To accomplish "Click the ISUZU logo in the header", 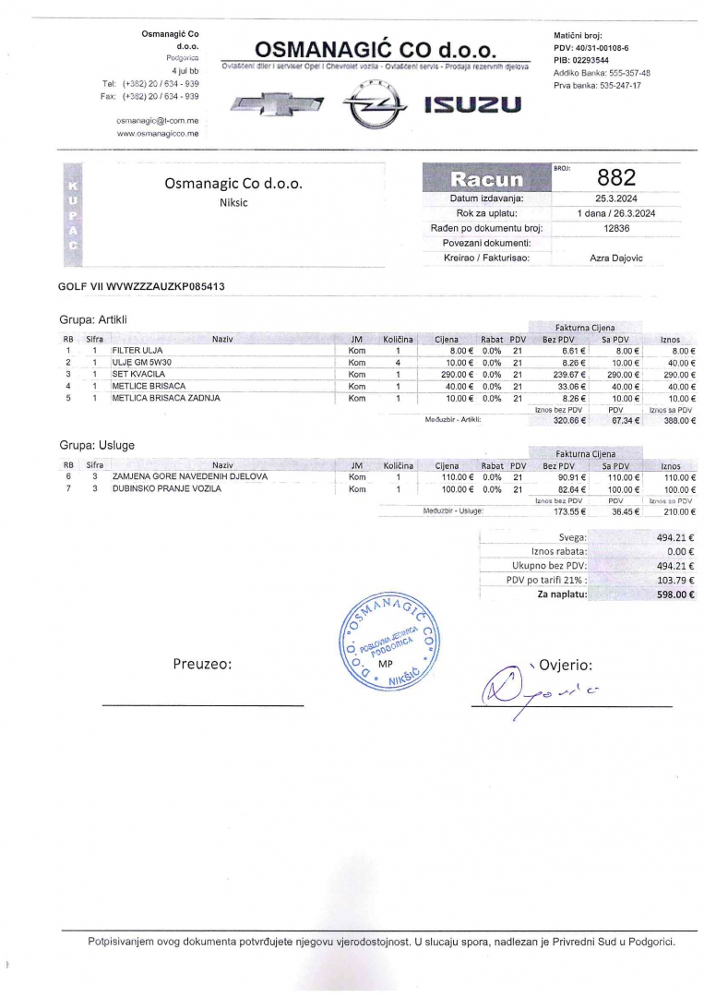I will [472, 105].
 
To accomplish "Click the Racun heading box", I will [485, 179].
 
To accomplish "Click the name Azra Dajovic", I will [616, 258].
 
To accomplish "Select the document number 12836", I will [616, 228].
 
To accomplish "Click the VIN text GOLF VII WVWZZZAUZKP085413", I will [141, 287].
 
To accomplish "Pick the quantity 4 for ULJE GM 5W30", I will [398, 363].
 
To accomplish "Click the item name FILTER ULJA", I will [137, 351].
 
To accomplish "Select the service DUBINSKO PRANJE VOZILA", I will [167, 489].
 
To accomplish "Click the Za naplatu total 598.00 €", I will [675, 595].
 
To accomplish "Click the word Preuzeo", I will [202, 664].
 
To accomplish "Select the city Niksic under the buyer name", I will [233, 203].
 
